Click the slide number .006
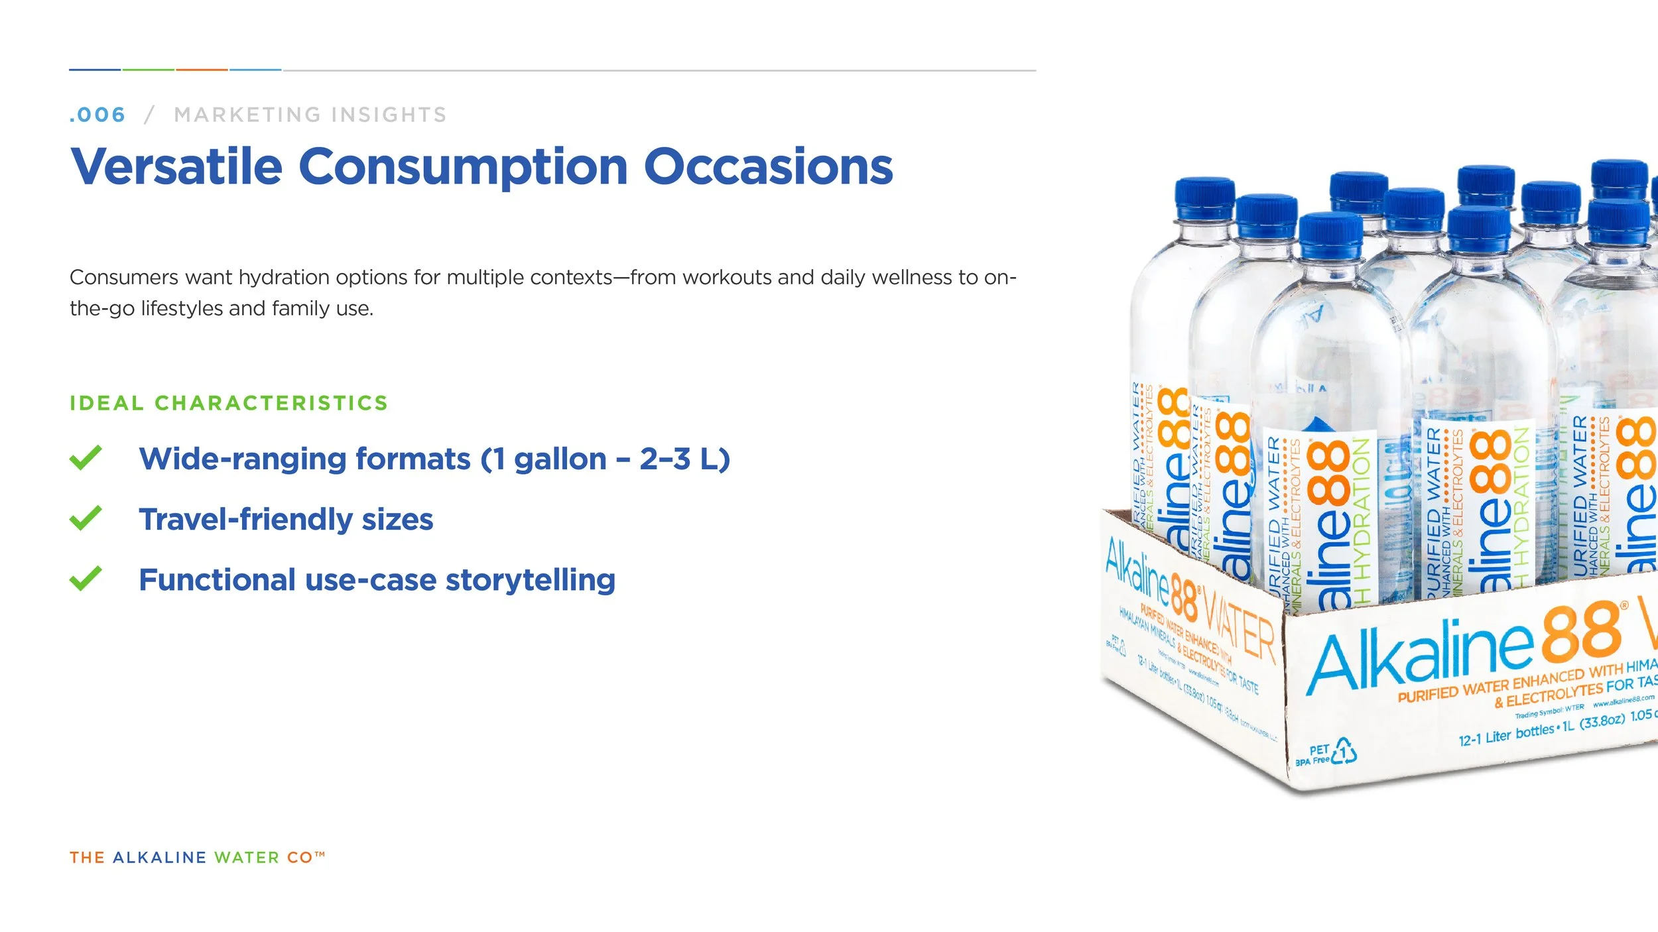97,115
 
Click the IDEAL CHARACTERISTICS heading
229,403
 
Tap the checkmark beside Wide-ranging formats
86,458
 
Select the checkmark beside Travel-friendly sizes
86,518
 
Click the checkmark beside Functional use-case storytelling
86,579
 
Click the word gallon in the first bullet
560,459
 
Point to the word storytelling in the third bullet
530,580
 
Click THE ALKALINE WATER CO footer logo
197,858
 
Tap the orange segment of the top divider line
202,70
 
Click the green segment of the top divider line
148,70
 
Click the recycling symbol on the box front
1343,752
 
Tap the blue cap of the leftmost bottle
1204,198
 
